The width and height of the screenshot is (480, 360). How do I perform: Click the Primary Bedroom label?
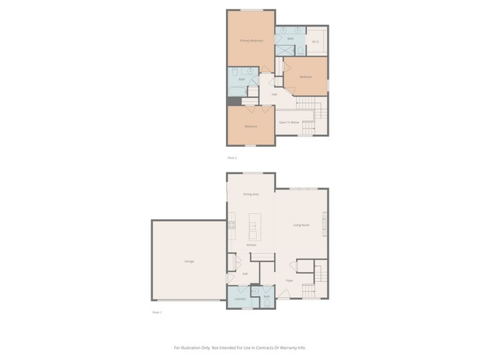[251, 40]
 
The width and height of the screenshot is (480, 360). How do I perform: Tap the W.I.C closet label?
[315, 41]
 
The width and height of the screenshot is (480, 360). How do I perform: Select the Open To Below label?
[289, 122]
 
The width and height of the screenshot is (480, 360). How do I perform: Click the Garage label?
[189, 261]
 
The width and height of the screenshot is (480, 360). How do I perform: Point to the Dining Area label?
[251, 194]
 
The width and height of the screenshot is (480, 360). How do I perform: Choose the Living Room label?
[301, 225]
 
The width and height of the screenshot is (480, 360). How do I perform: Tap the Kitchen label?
[251, 245]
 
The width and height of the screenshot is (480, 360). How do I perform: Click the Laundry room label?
[240, 299]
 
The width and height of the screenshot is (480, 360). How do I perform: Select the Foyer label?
[289, 280]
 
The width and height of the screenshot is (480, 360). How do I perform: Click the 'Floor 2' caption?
[232, 158]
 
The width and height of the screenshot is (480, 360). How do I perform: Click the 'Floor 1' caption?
[157, 313]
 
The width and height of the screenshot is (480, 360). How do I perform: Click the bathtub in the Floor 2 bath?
[234, 91]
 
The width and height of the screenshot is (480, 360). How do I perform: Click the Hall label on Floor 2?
[274, 94]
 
